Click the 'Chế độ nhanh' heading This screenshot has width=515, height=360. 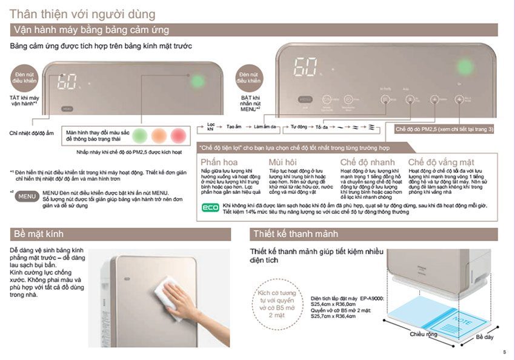coord(367,162)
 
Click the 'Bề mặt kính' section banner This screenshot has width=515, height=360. coord(37,234)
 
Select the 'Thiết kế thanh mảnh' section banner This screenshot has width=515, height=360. coord(295,234)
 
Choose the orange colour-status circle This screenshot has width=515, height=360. coord(159,135)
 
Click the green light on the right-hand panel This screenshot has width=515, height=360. coord(465,66)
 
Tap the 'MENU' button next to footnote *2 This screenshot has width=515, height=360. coord(28,196)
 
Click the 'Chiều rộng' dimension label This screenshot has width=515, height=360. coord(424,334)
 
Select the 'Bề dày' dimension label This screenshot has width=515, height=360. coord(484,336)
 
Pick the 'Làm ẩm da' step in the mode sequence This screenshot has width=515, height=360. coord(265,127)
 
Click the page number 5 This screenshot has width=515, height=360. coord(504,352)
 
